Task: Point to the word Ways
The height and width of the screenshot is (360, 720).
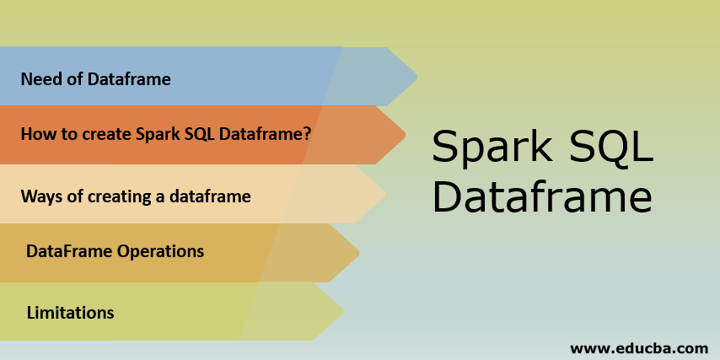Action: pos(40,197)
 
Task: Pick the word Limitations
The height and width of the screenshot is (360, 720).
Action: pos(71,313)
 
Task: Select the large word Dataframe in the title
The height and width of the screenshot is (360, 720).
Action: pos(542,200)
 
